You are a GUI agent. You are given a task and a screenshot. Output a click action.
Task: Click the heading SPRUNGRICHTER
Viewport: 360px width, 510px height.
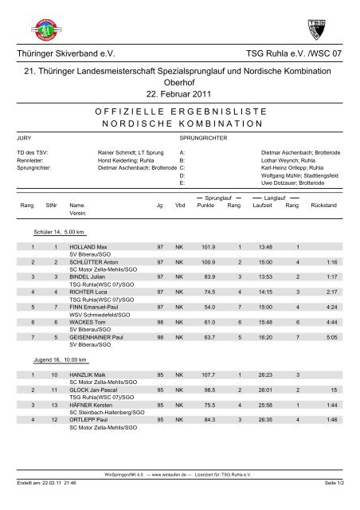coord(193,138)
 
